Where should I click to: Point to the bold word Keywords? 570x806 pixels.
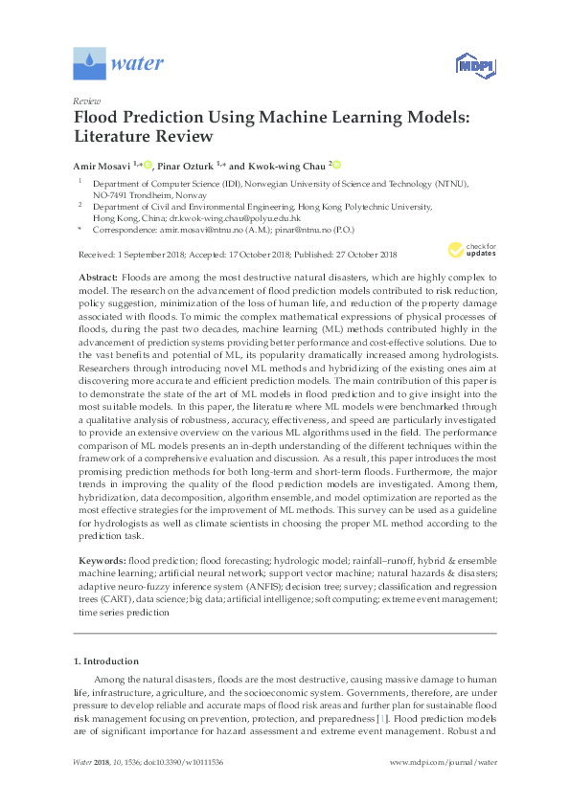[x=103, y=557]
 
